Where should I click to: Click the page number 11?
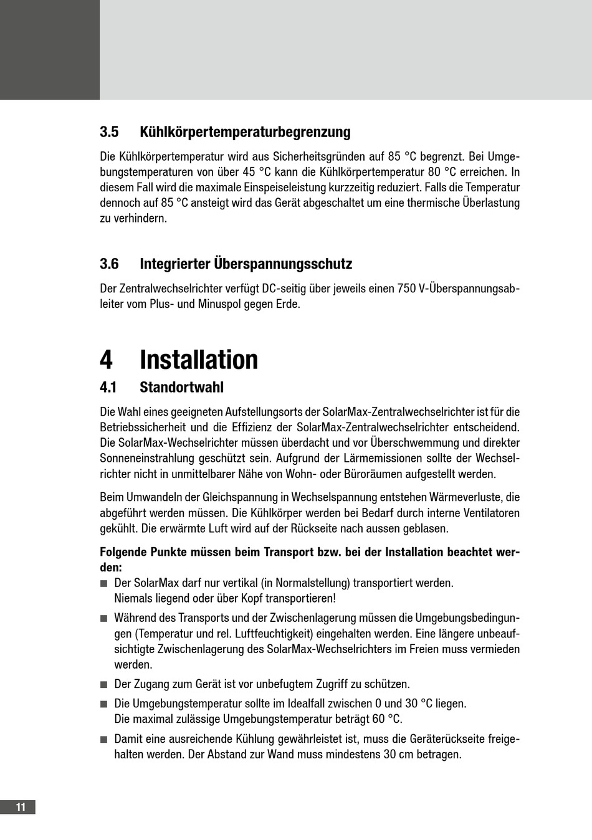point(21,807)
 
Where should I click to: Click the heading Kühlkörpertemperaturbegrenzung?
point(245,132)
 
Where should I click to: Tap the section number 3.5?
point(109,132)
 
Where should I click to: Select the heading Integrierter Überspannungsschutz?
point(246,264)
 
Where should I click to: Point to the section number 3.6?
point(109,264)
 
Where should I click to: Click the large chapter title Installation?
point(199,360)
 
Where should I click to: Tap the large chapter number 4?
point(107,360)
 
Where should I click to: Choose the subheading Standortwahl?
point(181,387)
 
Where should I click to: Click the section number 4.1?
point(108,387)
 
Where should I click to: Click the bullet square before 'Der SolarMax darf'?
point(103,583)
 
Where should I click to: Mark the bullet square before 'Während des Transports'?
point(103,618)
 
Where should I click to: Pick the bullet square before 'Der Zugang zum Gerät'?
point(103,684)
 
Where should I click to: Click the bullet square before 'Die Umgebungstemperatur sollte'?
point(103,704)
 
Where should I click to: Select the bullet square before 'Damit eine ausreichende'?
point(103,739)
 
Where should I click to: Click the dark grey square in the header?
point(50,50)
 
